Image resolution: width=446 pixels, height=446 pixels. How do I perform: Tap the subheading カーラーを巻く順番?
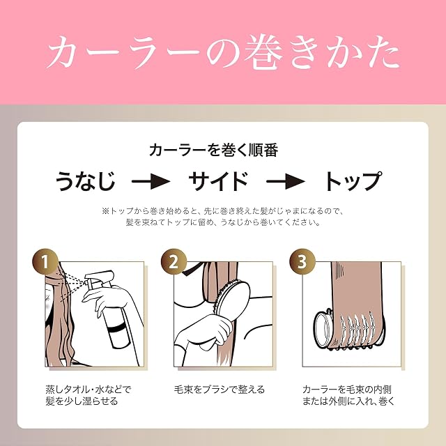tap(214, 151)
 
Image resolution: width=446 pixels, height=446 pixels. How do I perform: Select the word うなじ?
tap(86, 181)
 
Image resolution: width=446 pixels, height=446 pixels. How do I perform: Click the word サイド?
tap(218, 181)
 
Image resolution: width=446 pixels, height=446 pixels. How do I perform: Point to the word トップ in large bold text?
tap(353, 181)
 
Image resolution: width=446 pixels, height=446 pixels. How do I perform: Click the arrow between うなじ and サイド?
tap(151, 181)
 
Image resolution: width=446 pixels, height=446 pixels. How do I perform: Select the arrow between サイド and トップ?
tap(286, 181)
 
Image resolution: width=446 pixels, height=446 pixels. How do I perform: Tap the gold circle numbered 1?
tap(45, 262)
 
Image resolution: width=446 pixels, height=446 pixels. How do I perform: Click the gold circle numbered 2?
tap(174, 262)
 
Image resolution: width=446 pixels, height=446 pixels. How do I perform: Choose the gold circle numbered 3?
tap(302, 262)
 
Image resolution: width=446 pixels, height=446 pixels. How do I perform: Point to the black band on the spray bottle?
tap(116, 329)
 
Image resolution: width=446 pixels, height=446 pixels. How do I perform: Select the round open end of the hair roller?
tap(323, 330)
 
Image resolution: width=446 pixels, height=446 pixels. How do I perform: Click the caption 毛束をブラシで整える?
tap(219, 390)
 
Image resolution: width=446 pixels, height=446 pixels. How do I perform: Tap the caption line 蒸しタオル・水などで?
tap(89, 390)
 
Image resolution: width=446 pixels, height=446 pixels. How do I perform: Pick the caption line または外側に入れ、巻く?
tap(348, 401)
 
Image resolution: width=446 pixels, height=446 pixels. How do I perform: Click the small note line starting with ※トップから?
tap(223, 211)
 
